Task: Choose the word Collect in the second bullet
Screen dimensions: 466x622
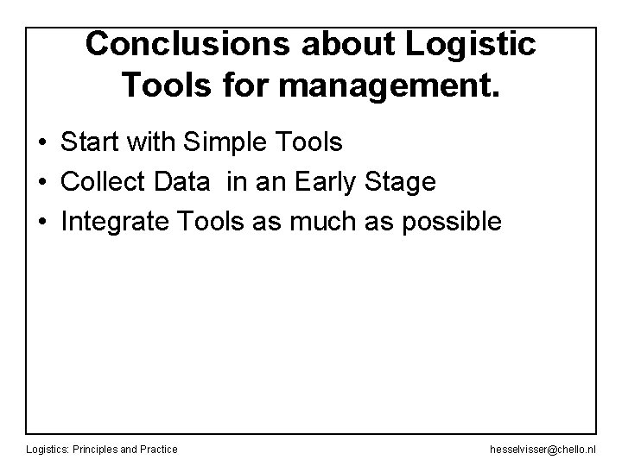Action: pyautogui.click(x=105, y=182)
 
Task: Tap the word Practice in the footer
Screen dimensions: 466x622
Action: pyautogui.click(x=159, y=450)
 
